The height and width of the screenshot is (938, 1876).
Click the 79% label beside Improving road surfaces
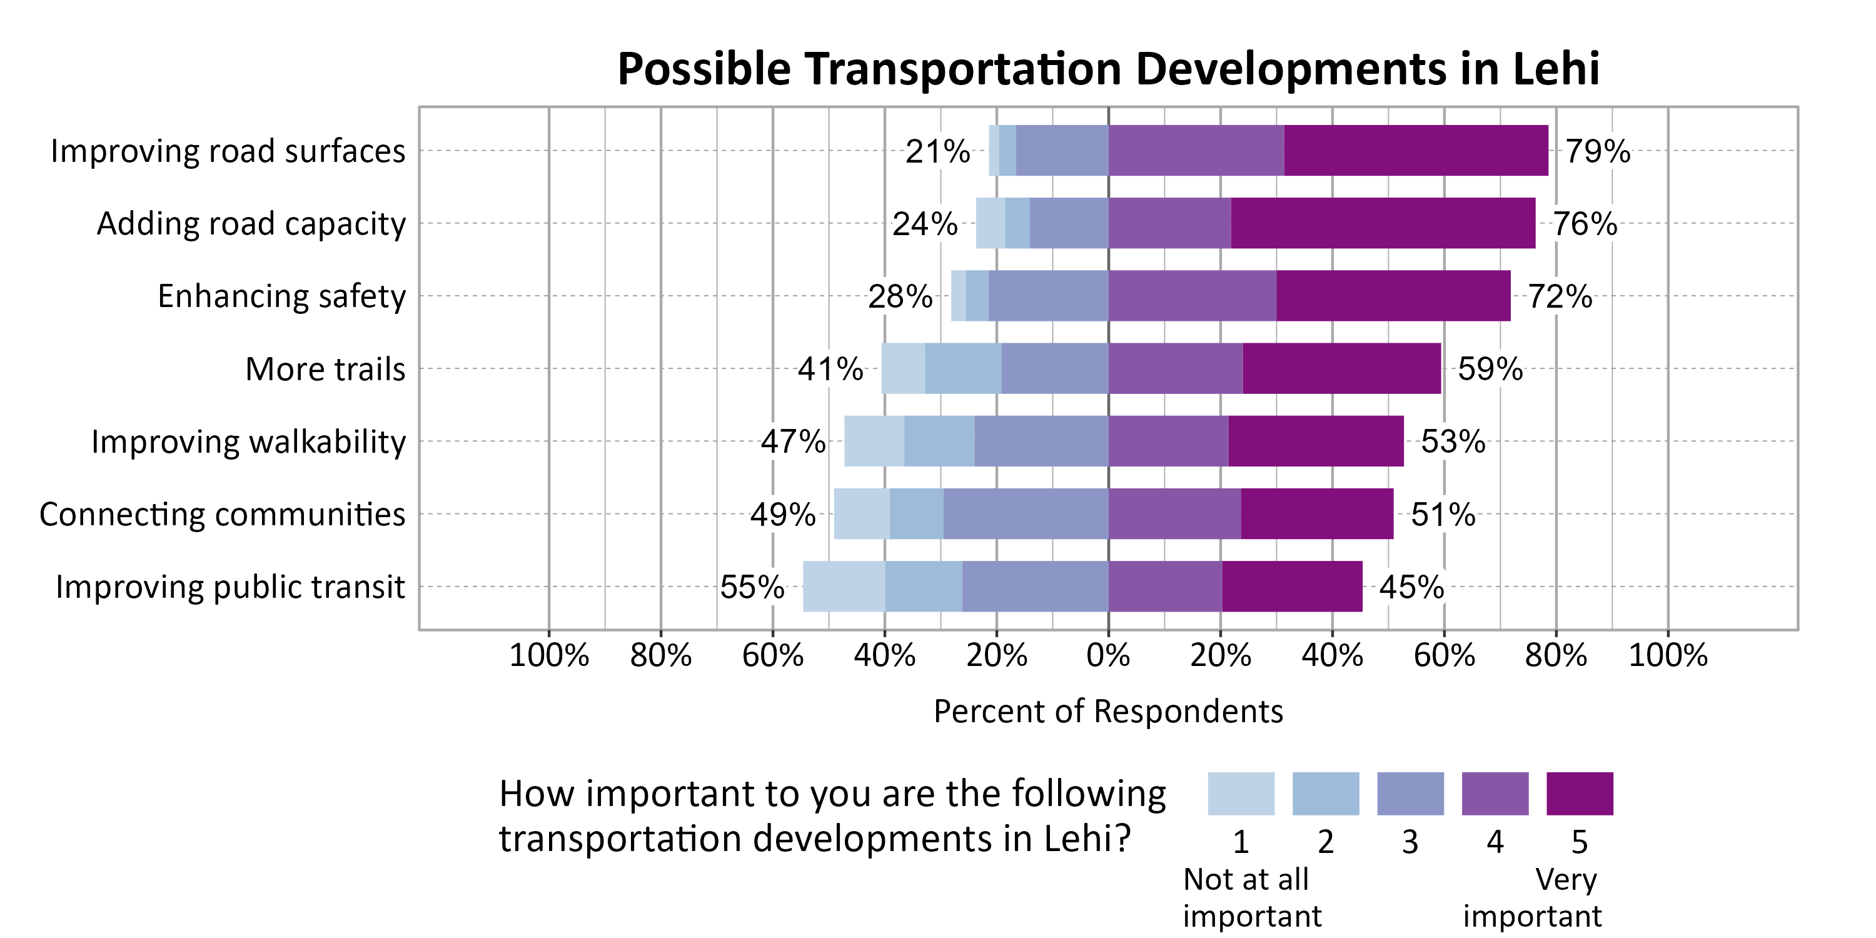point(1597,151)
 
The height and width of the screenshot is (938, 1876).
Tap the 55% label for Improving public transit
point(752,587)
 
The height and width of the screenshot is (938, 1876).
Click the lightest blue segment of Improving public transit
point(844,587)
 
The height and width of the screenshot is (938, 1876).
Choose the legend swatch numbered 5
point(1579,793)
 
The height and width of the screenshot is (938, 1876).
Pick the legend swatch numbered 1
point(1240,793)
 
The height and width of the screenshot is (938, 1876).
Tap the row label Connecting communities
point(222,514)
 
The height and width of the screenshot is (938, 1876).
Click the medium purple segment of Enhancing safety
point(1191,296)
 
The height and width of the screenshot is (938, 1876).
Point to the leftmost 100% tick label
point(548,655)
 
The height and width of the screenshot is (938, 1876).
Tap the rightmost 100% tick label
point(1667,655)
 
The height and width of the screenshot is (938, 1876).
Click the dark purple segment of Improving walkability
point(1315,441)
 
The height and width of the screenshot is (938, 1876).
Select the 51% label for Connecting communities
point(1443,515)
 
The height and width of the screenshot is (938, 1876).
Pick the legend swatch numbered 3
point(1410,793)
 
